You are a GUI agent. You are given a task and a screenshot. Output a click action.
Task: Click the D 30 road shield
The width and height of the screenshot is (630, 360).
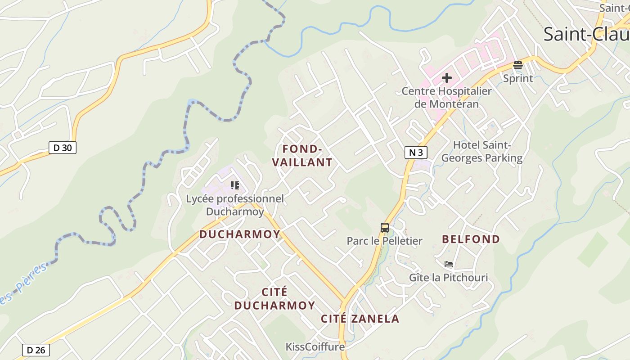[x=63, y=147]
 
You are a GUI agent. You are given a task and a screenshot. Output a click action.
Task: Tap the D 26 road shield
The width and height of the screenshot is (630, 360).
[x=36, y=350]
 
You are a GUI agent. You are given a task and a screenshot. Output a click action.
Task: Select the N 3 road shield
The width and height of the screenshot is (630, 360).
[x=416, y=153]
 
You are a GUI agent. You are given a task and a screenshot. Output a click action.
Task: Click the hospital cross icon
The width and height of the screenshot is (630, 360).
[x=446, y=78]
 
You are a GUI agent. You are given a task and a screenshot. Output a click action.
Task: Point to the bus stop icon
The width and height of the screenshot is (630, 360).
[x=384, y=227]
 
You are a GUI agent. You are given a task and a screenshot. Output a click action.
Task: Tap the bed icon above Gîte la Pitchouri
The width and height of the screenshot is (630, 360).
[x=448, y=264]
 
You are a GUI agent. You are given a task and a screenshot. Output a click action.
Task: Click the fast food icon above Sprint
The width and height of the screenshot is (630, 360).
[x=517, y=65]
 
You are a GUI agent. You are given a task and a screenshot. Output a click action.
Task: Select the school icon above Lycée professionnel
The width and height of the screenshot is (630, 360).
[x=234, y=185]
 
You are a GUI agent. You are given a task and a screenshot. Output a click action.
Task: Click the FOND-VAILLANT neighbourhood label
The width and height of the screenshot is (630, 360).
[x=302, y=156]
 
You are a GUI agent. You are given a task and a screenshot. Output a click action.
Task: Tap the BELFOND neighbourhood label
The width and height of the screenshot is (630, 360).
[x=471, y=239]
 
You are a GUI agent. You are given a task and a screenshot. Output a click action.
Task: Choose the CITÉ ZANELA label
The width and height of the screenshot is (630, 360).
[x=360, y=319]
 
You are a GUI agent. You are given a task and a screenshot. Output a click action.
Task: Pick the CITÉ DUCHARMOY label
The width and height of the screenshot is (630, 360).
[x=274, y=299]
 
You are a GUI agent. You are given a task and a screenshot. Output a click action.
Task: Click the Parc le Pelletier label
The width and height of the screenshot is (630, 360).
[x=384, y=241]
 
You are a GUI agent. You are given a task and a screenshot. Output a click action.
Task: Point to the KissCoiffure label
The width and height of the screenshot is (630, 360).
[x=315, y=346]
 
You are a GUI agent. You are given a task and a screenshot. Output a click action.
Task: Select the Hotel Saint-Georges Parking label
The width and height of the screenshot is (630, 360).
[x=481, y=152]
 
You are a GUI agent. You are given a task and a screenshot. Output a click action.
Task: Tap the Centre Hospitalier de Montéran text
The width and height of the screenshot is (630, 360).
[x=446, y=97]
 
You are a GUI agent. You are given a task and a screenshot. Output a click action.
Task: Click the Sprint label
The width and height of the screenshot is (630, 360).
[x=518, y=78]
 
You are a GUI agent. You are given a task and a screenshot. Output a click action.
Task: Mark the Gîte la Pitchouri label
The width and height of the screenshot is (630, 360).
[x=448, y=277]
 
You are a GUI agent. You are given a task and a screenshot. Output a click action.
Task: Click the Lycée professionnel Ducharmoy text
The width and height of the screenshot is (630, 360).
[x=235, y=205]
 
